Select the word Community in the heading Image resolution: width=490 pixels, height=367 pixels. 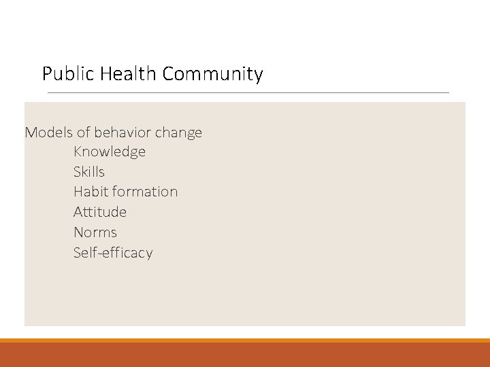pos(212,73)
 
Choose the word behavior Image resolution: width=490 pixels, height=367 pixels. pos(127,132)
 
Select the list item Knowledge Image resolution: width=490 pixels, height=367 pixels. pos(110,152)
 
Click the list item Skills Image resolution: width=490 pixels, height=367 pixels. pos(89,172)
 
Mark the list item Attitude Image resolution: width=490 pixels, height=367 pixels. pos(100,212)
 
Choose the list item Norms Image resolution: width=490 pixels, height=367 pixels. pos(95,232)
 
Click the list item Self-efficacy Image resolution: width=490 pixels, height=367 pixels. pos(113,253)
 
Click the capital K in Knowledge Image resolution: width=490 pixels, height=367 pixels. pos(78,152)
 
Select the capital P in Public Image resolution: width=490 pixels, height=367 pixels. pos(46,73)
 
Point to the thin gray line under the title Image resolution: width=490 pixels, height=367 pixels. pos(245,92)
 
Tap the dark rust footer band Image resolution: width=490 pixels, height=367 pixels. pos(245,355)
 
